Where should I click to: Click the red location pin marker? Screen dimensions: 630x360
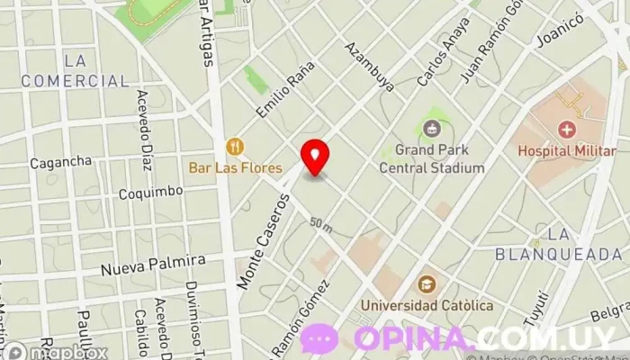(315, 157)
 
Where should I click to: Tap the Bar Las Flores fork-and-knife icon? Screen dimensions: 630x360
(235, 146)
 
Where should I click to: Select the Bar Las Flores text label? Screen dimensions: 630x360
(235, 167)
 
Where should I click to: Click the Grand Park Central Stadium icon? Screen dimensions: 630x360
(432, 129)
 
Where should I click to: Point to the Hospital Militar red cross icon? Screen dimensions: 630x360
(567, 129)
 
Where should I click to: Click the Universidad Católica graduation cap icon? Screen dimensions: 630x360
(427, 285)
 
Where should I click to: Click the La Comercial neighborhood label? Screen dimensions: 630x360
(76, 71)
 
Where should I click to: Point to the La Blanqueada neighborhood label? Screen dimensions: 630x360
(559, 244)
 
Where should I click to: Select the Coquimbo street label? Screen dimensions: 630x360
(151, 192)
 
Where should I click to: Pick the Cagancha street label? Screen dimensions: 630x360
(61, 162)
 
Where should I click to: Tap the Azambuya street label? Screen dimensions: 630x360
(370, 67)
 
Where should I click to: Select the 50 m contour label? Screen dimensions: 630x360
(320, 222)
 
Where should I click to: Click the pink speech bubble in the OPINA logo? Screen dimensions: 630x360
(319, 339)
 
